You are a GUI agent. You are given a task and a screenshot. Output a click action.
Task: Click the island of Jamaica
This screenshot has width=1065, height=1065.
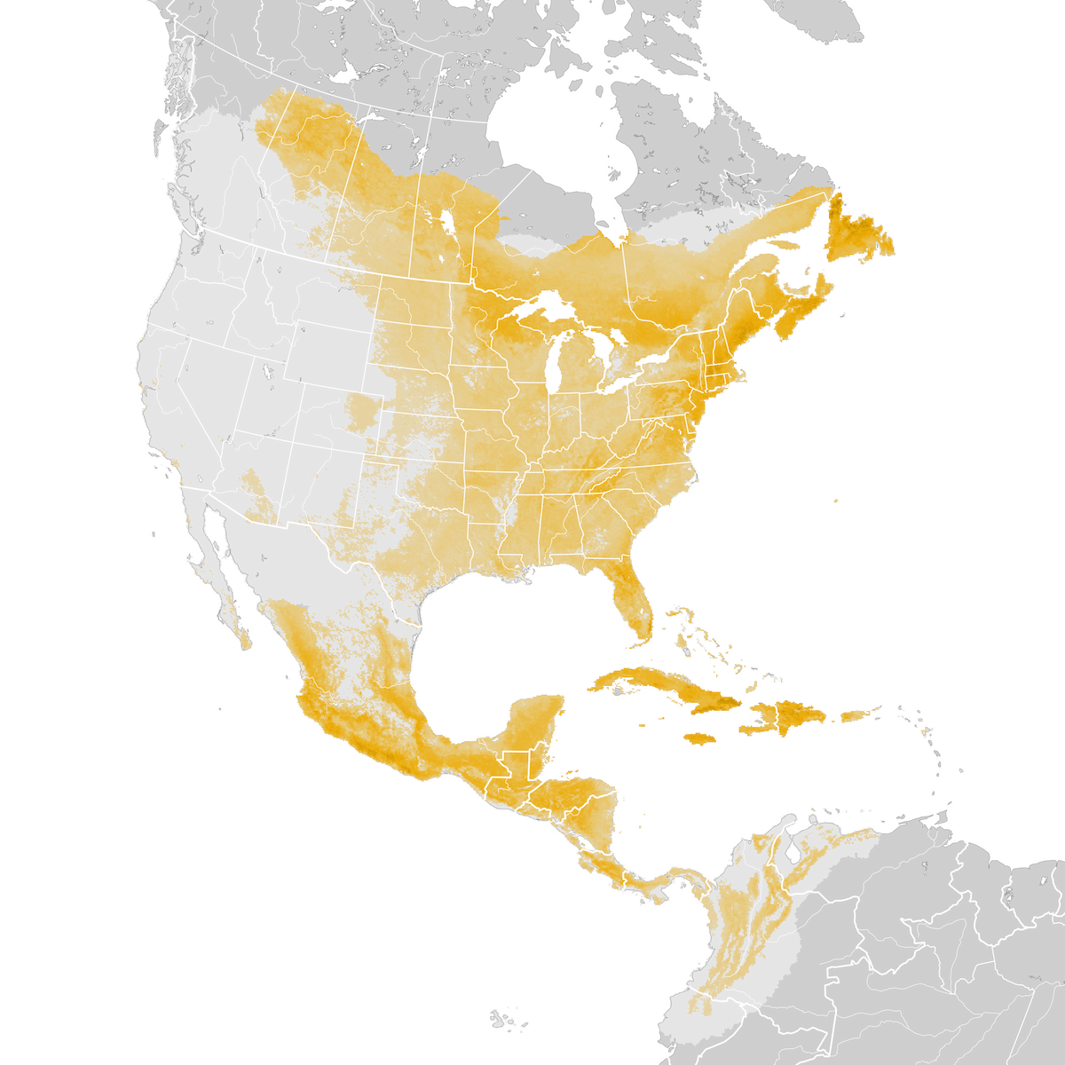(699, 738)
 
